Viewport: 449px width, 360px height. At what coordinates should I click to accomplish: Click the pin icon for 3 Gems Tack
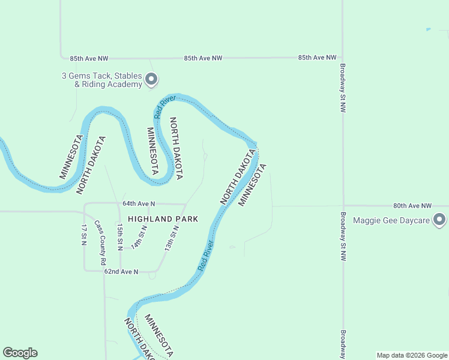tap(151, 79)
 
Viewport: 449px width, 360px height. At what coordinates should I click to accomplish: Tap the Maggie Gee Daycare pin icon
tap(439, 220)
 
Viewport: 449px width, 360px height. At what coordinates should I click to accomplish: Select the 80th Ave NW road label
tap(412, 205)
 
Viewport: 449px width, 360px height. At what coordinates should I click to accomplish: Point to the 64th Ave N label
tap(139, 204)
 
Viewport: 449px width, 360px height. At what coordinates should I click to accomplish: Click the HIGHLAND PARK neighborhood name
tap(162, 219)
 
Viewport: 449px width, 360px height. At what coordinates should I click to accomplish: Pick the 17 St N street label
tap(84, 235)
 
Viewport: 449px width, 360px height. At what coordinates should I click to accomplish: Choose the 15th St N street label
tap(120, 236)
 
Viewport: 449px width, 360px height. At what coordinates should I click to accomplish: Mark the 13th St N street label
tap(172, 238)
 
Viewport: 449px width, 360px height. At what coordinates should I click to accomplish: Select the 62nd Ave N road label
tap(121, 272)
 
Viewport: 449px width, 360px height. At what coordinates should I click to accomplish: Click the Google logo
tap(20, 353)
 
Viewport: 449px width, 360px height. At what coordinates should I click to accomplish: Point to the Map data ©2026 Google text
tap(412, 355)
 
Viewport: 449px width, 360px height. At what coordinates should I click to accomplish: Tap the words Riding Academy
tap(112, 85)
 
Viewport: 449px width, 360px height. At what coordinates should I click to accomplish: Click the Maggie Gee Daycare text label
tap(391, 220)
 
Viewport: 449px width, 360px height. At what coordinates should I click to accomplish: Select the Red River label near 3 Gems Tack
tap(164, 106)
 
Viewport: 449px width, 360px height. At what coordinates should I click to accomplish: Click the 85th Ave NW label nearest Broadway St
tap(317, 58)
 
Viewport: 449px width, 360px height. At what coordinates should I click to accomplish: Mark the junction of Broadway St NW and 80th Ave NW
tap(343, 206)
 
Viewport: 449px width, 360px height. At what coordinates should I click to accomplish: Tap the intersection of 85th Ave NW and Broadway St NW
tap(343, 58)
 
